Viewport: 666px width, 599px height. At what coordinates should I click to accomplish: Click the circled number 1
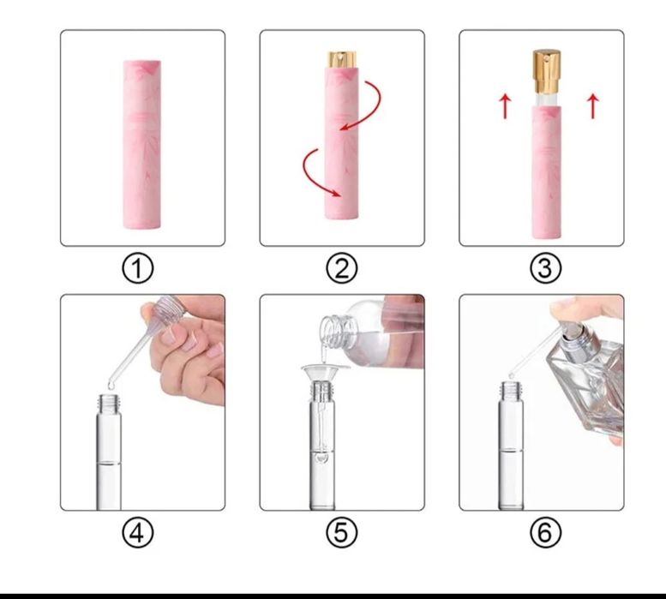(138, 268)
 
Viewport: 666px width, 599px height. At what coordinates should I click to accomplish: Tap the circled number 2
(342, 268)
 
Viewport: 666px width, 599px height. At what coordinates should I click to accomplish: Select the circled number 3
(545, 268)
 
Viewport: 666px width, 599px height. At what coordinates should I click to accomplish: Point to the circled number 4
(138, 532)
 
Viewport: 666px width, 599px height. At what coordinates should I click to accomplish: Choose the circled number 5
(342, 532)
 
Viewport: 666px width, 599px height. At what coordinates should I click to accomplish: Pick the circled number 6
(545, 532)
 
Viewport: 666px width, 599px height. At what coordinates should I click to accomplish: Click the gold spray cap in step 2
(342, 59)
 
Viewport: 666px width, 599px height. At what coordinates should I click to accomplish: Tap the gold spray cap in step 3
(547, 71)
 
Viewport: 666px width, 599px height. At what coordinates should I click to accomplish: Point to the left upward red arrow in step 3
(505, 106)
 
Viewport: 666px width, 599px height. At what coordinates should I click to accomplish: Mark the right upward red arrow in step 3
(593, 106)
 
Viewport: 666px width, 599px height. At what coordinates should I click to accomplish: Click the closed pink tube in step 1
(142, 144)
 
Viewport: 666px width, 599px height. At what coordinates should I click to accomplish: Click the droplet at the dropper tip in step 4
(111, 386)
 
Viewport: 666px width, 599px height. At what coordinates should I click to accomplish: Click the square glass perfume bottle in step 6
(591, 382)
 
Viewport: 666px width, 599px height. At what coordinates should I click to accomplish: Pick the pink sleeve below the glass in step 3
(547, 172)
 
